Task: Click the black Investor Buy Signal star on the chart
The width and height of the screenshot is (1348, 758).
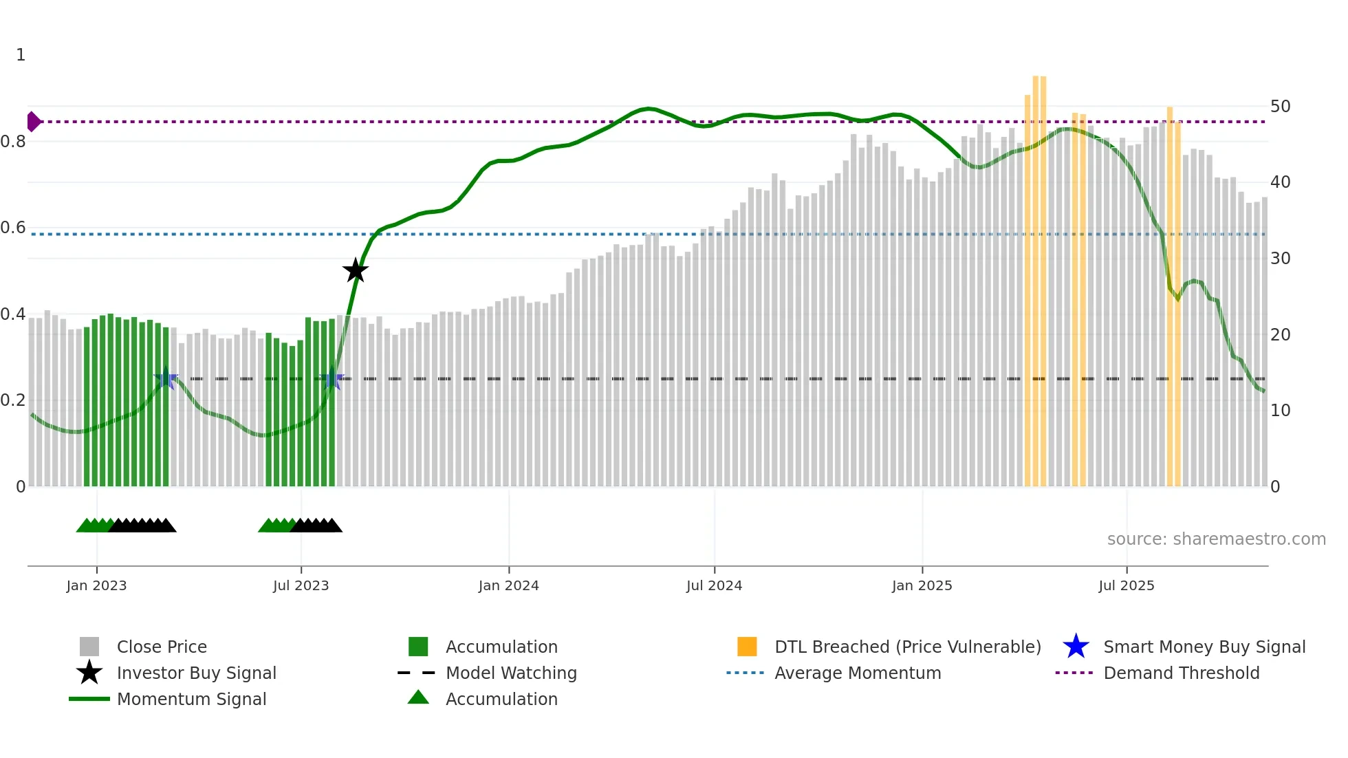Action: tap(356, 270)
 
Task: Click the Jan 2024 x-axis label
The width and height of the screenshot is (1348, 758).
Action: tap(508, 585)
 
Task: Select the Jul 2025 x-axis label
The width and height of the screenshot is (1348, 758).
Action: tap(1126, 585)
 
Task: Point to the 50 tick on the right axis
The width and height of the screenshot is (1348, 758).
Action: tap(1280, 107)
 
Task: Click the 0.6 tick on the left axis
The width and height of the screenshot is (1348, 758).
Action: tap(13, 228)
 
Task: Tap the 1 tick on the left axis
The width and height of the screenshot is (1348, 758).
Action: tap(21, 55)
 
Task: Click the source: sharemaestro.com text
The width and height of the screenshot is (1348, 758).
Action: tap(1216, 539)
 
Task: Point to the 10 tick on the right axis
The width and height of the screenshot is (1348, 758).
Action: tap(1280, 411)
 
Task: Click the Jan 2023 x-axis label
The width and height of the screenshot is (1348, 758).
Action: tap(96, 585)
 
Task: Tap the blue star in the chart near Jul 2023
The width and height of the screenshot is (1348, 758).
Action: tap(331, 379)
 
